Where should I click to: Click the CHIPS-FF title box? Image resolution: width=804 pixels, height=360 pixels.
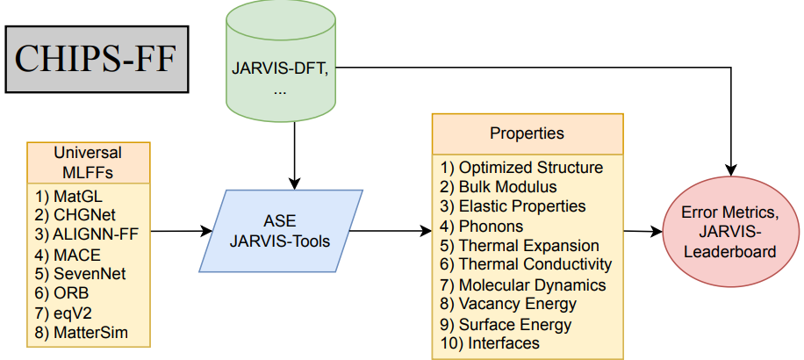(x=97, y=60)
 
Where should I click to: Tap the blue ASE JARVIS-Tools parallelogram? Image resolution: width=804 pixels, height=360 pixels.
(x=281, y=231)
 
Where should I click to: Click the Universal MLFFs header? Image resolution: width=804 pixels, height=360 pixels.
(x=89, y=162)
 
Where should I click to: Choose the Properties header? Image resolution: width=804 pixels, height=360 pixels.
(x=528, y=133)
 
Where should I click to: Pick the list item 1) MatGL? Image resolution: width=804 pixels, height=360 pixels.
(x=68, y=196)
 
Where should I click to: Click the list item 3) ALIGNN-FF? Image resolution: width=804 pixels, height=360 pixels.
(x=87, y=234)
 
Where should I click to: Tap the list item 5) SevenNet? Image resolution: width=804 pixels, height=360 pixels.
(x=81, y=273)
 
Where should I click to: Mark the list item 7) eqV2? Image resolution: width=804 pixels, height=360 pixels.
(x=67, y=313)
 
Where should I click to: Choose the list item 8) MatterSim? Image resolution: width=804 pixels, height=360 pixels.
(x=81, y=332)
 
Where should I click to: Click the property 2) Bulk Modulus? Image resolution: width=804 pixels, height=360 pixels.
(x=499, y=187)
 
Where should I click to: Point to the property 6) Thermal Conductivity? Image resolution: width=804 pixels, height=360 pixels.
(x=526, y=264)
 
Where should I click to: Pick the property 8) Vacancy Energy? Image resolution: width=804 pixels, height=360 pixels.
(x=508, y=304)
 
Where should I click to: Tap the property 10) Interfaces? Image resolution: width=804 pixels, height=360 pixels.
(x=490, y=342)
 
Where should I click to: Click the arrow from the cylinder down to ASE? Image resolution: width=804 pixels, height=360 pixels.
(x=294, y=156)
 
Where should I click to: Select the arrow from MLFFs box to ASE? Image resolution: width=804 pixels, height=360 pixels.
(x=182, y=231)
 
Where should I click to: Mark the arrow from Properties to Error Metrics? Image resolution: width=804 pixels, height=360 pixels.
(x=643, y=232)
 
